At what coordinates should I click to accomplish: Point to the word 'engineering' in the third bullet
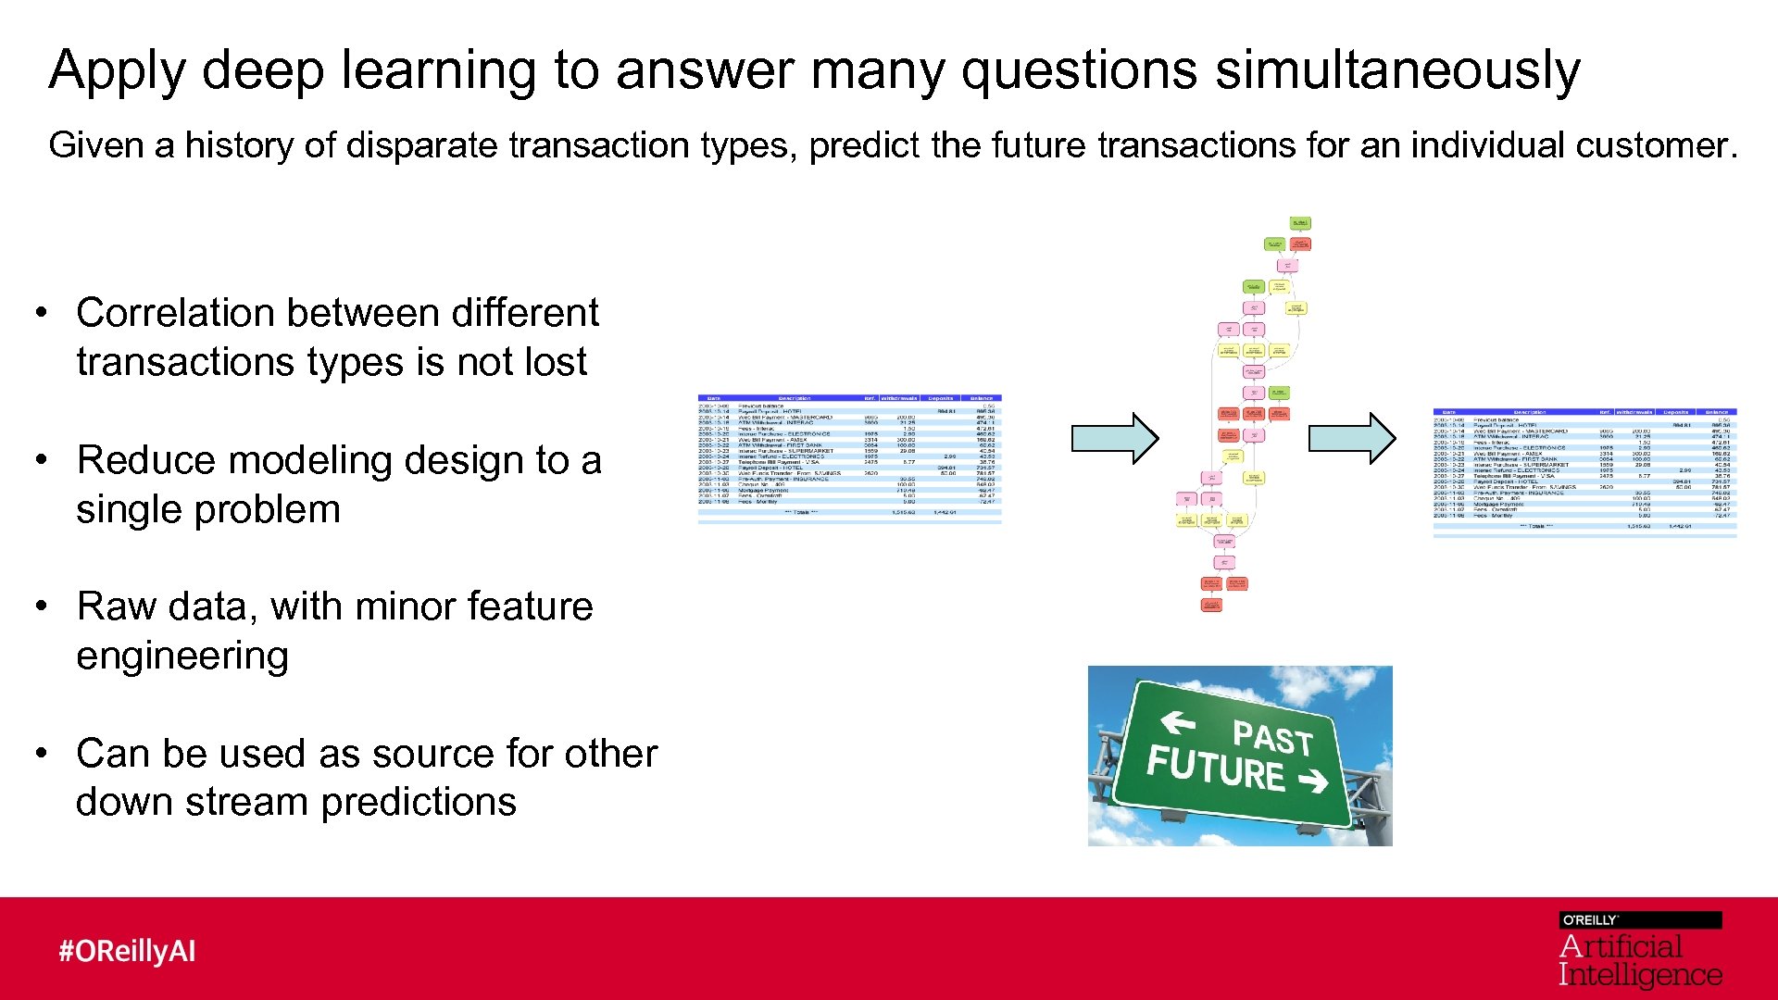click(182, 656)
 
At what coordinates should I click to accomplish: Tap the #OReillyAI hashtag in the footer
click(127, 951)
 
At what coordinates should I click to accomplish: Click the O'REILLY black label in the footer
click(1639, 919)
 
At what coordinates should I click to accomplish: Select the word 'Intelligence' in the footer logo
click(1639, 975)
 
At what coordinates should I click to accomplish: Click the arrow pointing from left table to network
click(1114, 437)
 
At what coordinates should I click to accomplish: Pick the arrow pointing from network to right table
click(1351, 437)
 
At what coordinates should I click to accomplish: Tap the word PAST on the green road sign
click(1272, 738)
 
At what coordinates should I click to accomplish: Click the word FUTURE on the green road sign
click(1215, 769)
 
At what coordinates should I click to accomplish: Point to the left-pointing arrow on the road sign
click(1177, 720)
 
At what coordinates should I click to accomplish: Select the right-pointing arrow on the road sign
click(1313, 782)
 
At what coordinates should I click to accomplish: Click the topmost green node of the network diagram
click(1300, 223)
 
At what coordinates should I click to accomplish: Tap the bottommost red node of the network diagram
click(1211, 605)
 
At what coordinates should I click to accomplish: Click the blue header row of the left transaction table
click(849, 398)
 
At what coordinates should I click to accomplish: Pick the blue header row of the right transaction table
click(1584, 412)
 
